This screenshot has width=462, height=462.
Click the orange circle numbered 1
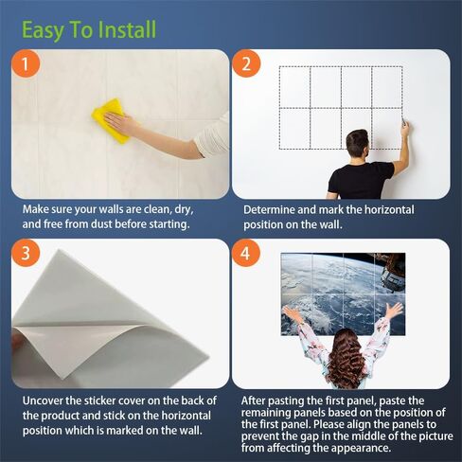[x=26, y=63]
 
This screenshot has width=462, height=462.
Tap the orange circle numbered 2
[x=246, y=63]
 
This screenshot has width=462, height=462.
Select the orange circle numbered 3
[x=26, y=253]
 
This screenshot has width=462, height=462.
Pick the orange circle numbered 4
[x=246, y=253]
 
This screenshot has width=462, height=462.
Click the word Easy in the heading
[x=43, y=31]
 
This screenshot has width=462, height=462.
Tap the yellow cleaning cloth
[x=111, y=120]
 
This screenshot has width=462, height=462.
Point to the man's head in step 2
[x=357, y=146]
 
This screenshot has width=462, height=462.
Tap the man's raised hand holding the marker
[x=404, y=128]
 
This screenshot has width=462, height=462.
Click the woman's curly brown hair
[x=346, y=357]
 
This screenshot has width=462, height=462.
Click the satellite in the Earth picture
[x=392, y=272]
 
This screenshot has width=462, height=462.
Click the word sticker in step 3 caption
[x=99, y=400]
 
